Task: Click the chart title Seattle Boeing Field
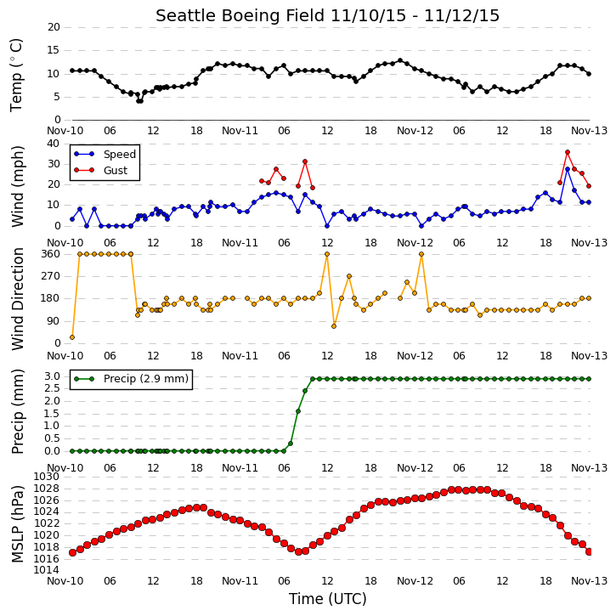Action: click(x=240, y=16)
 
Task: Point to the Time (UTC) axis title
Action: click(x=328, y=599)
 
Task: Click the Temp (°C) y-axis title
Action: click(x=16, y=75)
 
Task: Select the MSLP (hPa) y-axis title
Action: click(x=17, y=524)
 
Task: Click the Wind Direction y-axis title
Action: click(x=17, y=299)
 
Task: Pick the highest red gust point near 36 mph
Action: click(x=568, y=152)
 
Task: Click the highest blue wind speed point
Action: click(x=568, y=169)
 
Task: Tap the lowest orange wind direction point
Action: click(x=72, y=337)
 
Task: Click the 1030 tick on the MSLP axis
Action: click(x=47, y=477)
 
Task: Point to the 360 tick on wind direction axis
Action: click(x=51, y=254)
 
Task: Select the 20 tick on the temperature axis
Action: click(x=54, y=27)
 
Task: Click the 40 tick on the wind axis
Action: click(x=54, y=144)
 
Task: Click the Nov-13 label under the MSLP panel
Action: click(x=589, y=580)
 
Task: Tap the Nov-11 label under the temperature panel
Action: click(x=240, y=131)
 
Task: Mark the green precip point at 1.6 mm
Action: click(x=298, y=411)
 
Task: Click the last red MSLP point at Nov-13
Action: click(x=589, y=552)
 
